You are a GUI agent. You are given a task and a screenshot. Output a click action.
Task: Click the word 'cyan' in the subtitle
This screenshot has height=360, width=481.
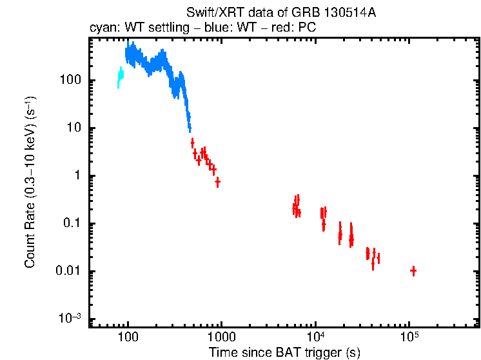[101, 29]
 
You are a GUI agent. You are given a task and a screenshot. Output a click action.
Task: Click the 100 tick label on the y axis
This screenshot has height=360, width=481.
[68, 81]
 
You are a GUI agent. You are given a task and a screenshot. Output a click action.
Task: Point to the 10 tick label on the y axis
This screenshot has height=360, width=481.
[72, 128]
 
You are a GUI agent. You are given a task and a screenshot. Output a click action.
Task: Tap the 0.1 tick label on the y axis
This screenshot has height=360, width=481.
[70, 224]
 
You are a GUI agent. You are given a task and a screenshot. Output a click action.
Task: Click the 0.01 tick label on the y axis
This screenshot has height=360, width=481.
[67, 272]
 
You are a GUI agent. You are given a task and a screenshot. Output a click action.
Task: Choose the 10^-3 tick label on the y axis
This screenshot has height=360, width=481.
[69, 318]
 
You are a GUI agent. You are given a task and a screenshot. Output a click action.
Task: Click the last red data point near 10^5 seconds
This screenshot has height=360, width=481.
[413, 271]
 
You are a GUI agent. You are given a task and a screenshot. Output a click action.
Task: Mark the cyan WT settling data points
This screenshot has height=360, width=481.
[119, 77]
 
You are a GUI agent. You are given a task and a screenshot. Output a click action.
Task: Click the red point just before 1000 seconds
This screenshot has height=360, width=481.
[217, 182]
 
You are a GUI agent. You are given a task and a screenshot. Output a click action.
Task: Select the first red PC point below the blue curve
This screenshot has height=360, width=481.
[192, 143]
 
